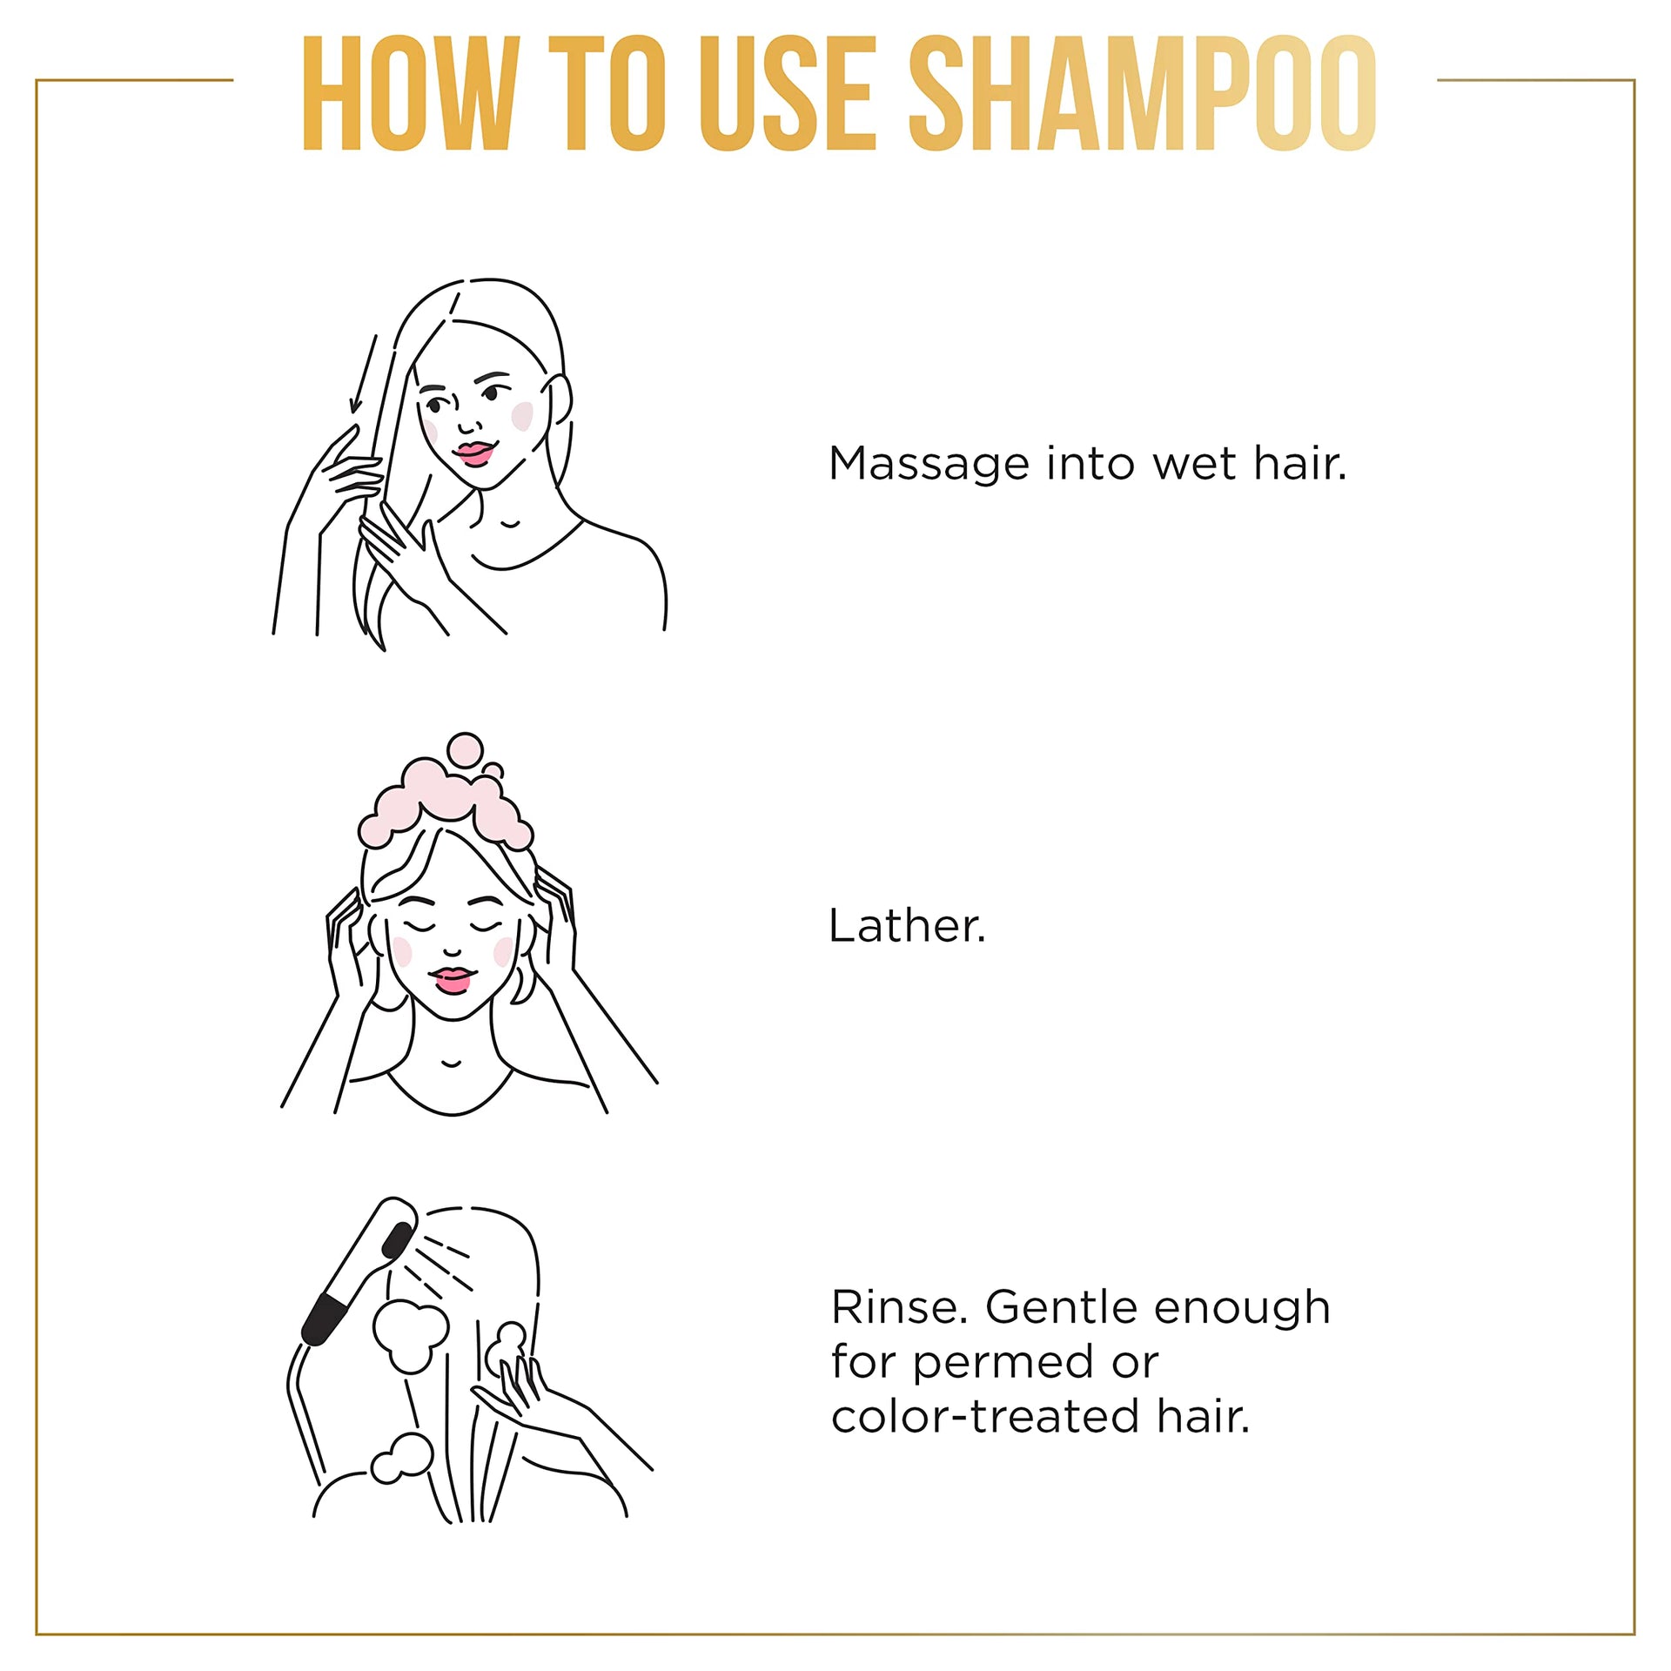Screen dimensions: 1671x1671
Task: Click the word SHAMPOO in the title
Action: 1143,93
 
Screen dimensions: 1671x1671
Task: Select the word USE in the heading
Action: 787,93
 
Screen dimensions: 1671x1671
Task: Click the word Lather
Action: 907,925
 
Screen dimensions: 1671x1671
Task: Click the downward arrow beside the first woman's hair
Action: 364,374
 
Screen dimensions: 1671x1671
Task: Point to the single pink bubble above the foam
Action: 464,750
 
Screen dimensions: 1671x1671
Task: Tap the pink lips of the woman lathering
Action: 452,980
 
